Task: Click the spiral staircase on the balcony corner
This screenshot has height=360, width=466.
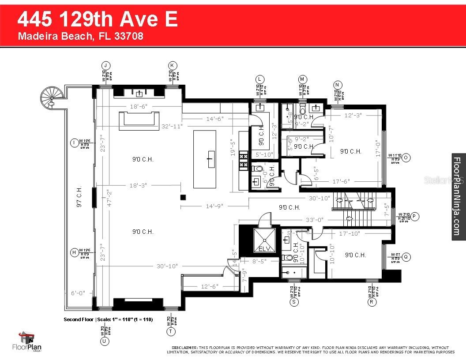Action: tap(50, 96)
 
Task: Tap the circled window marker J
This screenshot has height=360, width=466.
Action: tap(105, 65)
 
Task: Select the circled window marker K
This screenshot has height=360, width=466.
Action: tap(173, 65)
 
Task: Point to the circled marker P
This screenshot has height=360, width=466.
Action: tap(414, 216)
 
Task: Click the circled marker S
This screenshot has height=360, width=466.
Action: tap(294, 302)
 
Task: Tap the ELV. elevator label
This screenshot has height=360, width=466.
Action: tap(264, 249)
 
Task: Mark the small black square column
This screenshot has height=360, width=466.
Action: tap(182, 197)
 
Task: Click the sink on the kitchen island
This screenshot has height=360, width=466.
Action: tap(210, 158)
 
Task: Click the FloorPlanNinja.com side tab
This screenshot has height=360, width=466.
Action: tap(458, 197)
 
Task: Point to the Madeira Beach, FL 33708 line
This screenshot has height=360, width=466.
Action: tap(80, 36)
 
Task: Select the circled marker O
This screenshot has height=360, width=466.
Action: tap(406, 157)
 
